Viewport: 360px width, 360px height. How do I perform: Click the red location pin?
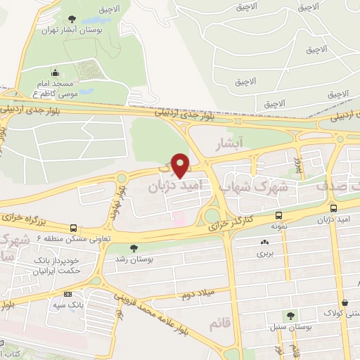(x=181, y=165)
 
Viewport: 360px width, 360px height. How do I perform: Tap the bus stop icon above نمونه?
(x=279, y=216)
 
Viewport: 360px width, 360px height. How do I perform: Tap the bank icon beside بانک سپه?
(x=67, y=294)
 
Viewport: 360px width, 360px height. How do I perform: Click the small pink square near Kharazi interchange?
(x=179, y=218)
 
